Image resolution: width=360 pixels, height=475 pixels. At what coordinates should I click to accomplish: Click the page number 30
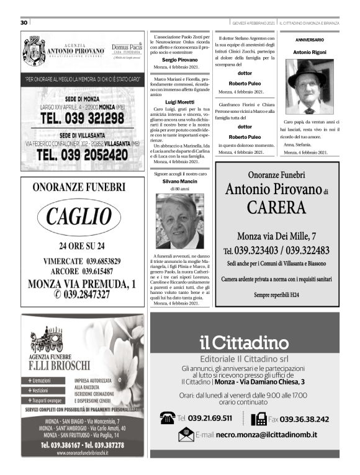(x=24, y=22)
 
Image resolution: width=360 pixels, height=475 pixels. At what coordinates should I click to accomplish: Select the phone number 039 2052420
(x=83, y=155)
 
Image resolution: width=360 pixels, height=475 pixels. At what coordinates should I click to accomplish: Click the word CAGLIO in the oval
(x=83, y=218)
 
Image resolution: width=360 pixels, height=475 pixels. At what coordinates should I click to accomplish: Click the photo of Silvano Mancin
(x=180, y=221)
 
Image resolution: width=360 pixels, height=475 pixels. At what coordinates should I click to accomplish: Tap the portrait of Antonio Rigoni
(x=309, y=87)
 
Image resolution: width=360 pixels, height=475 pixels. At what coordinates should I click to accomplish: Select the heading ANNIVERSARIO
(x=309, y=39)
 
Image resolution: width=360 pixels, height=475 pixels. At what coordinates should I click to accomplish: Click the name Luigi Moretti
(x=180, y=100)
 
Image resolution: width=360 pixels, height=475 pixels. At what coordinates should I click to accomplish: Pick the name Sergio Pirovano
(x=180, y=59)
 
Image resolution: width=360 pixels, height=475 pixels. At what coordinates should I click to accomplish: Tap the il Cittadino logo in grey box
(x=244, y=342)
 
